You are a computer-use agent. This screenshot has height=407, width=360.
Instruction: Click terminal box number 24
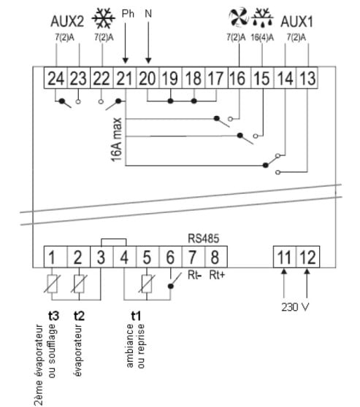[55, 78]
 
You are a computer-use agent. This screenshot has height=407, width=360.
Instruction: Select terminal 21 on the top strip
[125, 78]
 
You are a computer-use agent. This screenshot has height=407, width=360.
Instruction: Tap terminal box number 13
[307, 78]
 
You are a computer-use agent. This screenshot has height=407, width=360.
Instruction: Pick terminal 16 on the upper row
[239, 78]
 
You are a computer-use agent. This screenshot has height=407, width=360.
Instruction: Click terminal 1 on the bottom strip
[55, 257]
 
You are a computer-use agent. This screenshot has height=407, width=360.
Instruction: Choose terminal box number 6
[170, 257]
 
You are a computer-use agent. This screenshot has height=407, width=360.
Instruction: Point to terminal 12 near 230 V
[308, 257]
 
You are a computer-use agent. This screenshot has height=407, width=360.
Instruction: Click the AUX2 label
[67, 21]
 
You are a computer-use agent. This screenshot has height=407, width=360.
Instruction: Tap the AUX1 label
[296, 22]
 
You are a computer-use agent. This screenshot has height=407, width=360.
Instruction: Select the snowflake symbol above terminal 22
[104, 18]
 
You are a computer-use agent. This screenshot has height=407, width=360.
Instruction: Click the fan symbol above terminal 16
[238, 17]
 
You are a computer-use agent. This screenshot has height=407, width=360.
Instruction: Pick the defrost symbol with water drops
[263, 17]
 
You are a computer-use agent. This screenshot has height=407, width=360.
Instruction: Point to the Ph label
[128, 14]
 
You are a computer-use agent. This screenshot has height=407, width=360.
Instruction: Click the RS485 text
[204, 239]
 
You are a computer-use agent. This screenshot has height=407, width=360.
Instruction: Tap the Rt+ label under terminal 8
[217, 275]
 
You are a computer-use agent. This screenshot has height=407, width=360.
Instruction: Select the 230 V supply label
[295, 307]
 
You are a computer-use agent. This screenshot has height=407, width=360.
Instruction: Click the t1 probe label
[136, 316]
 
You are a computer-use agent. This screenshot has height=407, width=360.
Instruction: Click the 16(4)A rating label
[262, 38]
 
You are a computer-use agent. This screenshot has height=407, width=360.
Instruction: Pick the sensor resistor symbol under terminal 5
[147, 284]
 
